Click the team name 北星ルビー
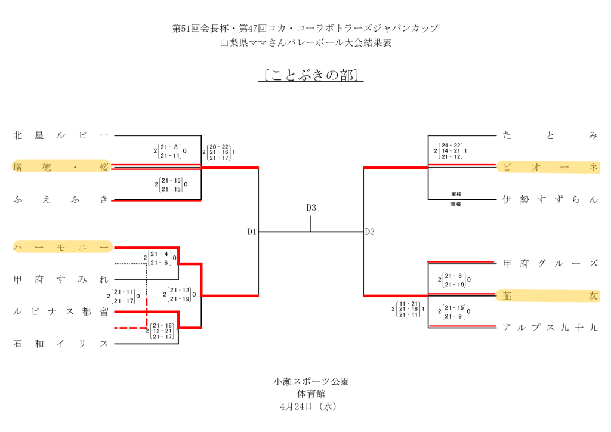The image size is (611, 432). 61,135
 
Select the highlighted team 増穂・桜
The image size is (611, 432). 61,167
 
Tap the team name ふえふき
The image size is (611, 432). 61,200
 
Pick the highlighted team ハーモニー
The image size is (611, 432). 61,247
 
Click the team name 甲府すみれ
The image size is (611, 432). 61,279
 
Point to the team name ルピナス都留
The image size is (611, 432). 61,311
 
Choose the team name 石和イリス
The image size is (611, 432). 61,344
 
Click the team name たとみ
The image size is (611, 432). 550,135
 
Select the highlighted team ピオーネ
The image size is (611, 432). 550,167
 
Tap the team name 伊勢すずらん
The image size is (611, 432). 550,200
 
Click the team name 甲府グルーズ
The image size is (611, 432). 550,263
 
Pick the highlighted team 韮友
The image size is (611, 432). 550,295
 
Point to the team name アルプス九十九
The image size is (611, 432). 550,328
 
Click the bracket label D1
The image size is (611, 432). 252,232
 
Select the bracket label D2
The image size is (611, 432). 370,232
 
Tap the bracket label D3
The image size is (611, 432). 311,208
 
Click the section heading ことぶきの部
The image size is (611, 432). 311,76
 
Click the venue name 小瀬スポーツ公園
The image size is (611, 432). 310,381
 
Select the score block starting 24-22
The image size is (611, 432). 450,151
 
